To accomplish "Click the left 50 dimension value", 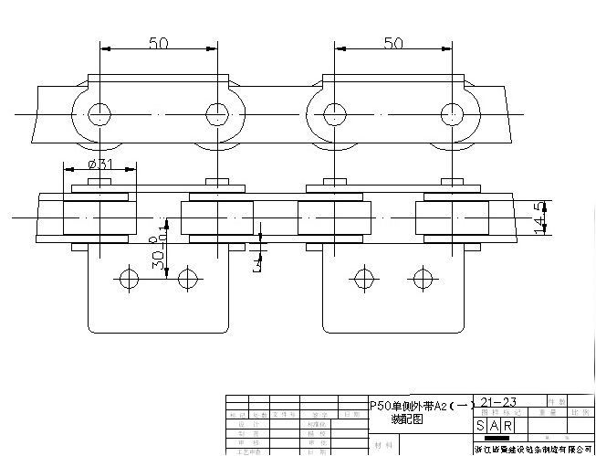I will pyautogui.click(x=159, y=43).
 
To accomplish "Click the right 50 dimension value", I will pyautogui.click(x=393, y=43).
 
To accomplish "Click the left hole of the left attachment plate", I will pyautogui.click(x=130, y=276).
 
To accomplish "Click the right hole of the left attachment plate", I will pyautogui.click(x=188, y=276).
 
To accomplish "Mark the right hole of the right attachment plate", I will pyautogui.click(x=422, y=276).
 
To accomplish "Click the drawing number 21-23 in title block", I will pyautogui.click(x=498, y=402).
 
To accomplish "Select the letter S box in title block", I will pyautogui.click(x=481, y=427).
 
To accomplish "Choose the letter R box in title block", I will pyautogui.click(x=507, y=427).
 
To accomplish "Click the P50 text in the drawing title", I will pyautogui.click(x=380, y=405).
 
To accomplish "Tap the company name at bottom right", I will pyautogui.click(x=533, y=449).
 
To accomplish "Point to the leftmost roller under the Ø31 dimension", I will pyautogui.click(x=99, y=219).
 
